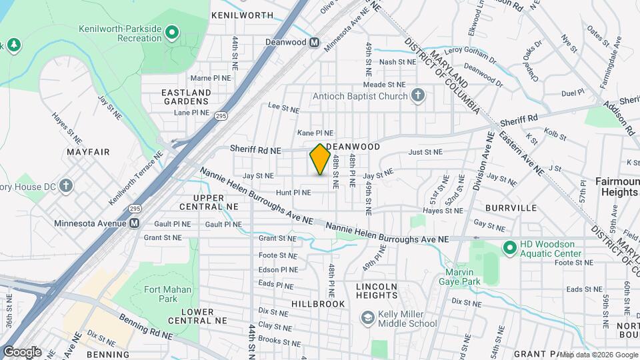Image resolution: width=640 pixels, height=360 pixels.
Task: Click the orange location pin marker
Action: pos(320,159)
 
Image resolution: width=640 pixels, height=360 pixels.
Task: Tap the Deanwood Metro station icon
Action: pos(314,43)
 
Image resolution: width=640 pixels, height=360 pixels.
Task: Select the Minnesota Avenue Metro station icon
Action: pos(135,223)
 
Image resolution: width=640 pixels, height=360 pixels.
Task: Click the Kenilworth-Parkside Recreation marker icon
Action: pos(171,31)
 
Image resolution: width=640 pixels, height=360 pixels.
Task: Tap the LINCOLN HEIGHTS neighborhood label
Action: pos(377,291)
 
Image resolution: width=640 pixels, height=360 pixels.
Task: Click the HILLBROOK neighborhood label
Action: pos(318,304)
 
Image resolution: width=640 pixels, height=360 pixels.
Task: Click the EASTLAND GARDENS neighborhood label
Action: pos(186,97)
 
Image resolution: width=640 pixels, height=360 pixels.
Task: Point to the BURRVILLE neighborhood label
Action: pos(512,208)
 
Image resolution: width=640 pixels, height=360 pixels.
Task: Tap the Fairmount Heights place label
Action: pos(616,187)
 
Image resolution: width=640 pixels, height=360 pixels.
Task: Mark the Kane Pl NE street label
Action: pos(315,133)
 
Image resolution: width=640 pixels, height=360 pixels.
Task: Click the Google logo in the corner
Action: pos(21,351)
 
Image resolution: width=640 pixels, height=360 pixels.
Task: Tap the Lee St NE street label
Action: pos(283,107)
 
